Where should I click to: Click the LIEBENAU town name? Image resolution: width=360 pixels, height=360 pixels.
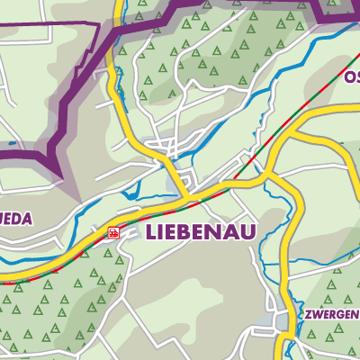click(199, 232)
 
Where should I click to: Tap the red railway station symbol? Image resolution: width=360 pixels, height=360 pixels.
click(113, 233)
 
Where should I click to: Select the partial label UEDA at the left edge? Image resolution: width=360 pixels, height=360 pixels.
click(15, 217)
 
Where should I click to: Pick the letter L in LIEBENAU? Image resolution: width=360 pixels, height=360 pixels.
click(148, 232)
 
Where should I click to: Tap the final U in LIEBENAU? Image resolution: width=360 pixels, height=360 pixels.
click(247, 232)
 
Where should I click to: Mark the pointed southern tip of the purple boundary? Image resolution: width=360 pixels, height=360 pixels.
click(60, 176)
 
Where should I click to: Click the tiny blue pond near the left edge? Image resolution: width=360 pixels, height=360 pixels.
click(10, 143)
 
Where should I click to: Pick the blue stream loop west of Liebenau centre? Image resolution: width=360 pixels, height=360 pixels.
click(130, 191)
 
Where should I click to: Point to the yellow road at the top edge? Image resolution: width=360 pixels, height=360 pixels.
click(113, 4)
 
